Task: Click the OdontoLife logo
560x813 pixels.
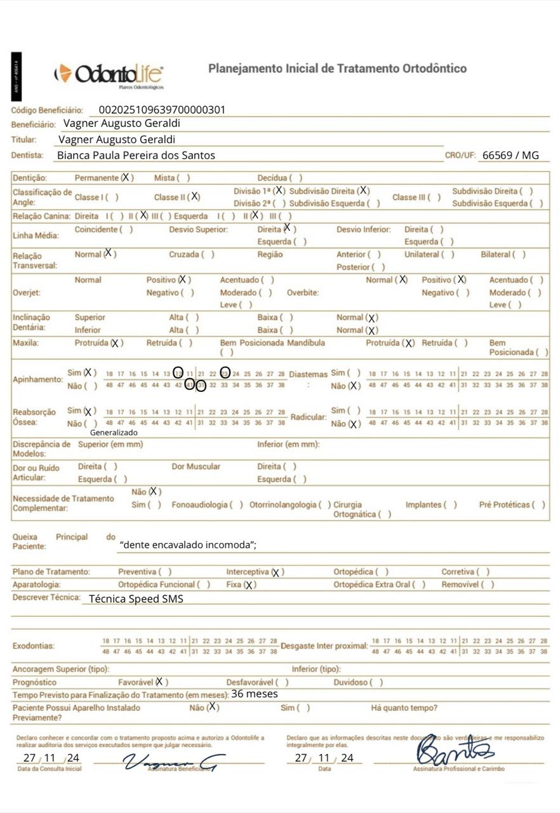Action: pyautogui.click(x=109, y=75)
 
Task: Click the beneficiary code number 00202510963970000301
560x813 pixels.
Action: pyautogui.click(x=163, y=110)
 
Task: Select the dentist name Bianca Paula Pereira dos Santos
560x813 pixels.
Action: pyautogui.click(x=136, y=155)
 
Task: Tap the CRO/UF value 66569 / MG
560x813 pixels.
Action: pyautogui.click(x=510, y=155)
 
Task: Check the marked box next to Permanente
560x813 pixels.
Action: pyautogui.click(x=126, y=178)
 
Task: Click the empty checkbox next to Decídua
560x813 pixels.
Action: pyautogui.click(x=296, y=178)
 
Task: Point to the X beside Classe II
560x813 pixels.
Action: pyautogui.click(x=194, y=197)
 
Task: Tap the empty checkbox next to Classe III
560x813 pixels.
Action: pyautogui.click(x=434, y=198)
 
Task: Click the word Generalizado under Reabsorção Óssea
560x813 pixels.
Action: pyautogui.click(x=114, y=433)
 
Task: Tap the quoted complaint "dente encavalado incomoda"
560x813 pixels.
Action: pyautogui.click(x=188, y=544)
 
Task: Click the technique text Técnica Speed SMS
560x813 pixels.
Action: pyautogui.click(x=136, y=598)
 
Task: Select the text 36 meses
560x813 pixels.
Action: pyautogui.click(x=255, y=694)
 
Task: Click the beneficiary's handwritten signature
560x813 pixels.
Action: pyautogui.click(x=170, y=762)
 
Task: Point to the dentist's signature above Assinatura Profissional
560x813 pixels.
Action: pyautogui.click(x=453, y=752)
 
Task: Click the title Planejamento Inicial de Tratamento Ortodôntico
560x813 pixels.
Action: pyautogui.click(x=337, y=69)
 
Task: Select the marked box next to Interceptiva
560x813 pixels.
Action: pyautogui.click(x=276, y=572)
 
